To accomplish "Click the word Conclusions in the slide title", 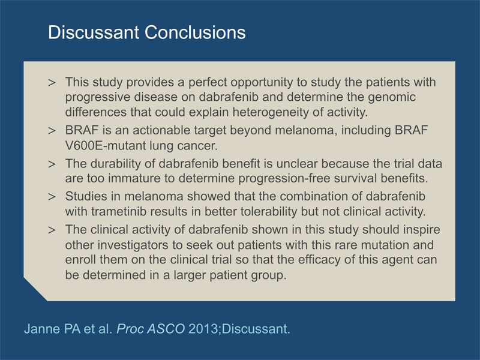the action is click(x=195, y=32).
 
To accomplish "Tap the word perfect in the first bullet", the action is click(x=208, y=82).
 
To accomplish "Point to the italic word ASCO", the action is click(x=166, y=329).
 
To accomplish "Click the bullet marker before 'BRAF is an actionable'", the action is click(x=52, y=131).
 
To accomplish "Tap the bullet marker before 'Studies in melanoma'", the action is click(x=52, y=197).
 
